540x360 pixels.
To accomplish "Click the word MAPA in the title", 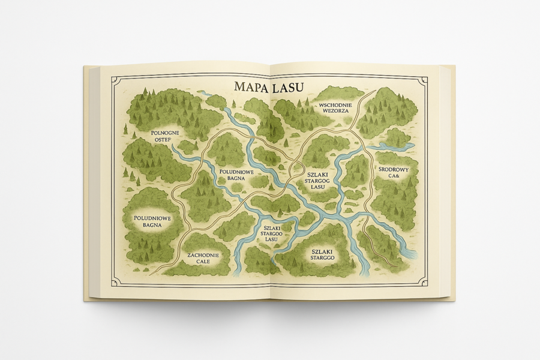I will (x=251, y=87).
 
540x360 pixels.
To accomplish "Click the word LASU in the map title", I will (x=287, y=87).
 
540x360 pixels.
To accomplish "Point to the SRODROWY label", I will (x=394, y=170).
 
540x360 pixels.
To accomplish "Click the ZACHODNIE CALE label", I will (x=203, y=258).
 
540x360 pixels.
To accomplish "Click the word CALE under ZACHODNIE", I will (x=202, y=262).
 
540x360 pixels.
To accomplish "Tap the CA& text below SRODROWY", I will (x=394, y=177).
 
